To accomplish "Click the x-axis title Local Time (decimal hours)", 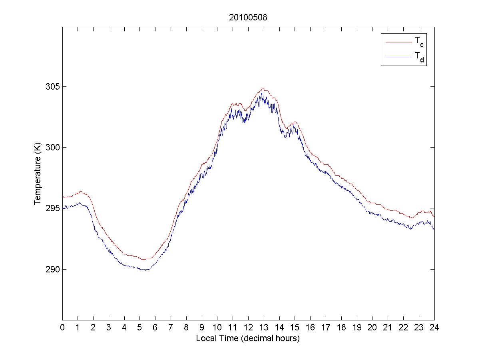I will click(248, 338).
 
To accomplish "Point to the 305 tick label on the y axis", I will click(52, 87).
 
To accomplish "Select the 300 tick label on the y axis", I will click(52, 148).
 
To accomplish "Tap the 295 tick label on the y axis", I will click(52, 208).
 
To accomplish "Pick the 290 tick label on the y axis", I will click(52, 269).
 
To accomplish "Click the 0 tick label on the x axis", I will click(62, 327).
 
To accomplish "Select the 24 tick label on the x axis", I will click(434, 327).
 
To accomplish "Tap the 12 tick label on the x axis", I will click(248, 327).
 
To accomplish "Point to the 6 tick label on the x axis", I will click(155, 327).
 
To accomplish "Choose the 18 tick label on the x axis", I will click(341, 327).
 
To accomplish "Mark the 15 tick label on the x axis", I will click(295, 327).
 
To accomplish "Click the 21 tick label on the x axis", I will click(388, 327).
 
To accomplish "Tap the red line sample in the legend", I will click(398, 42).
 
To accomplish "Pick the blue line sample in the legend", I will click(398, 58).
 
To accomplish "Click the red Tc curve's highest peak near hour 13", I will click(263, 88).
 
